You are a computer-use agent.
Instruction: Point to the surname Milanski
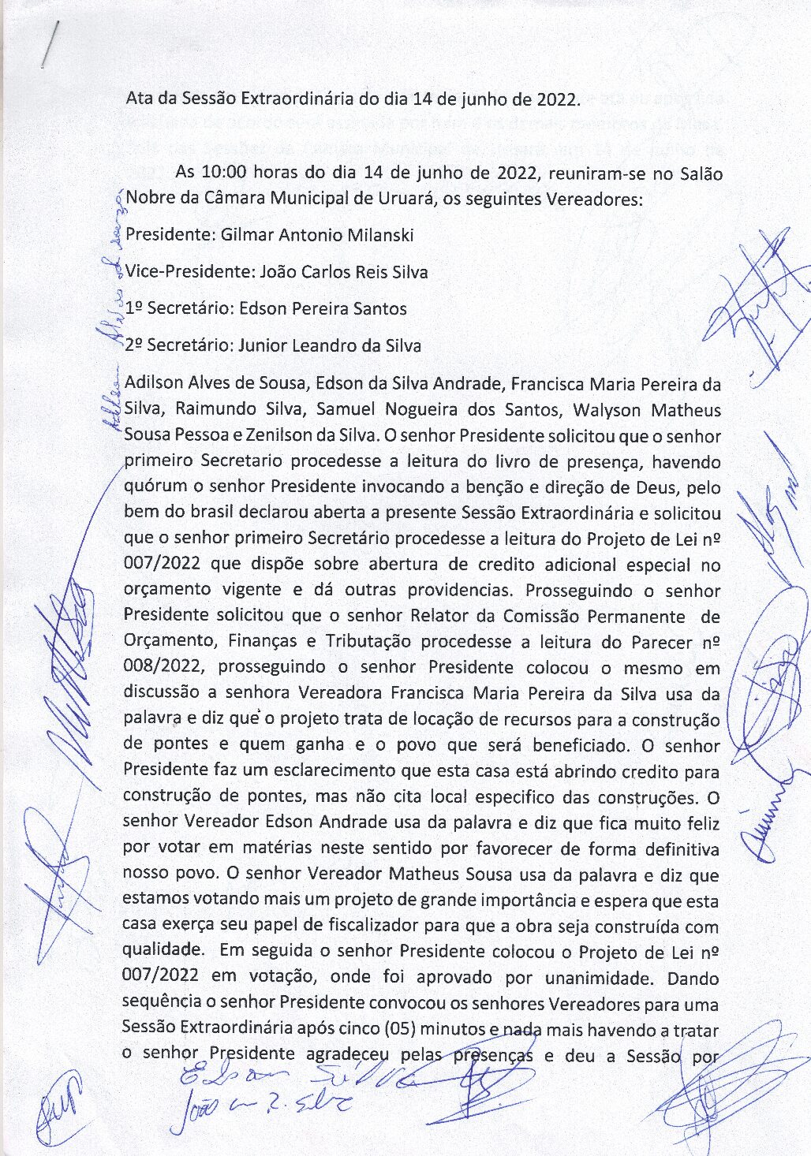(x=378, y=235)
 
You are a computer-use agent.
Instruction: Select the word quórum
(x=154, y=487)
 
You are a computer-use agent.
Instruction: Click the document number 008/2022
(x=164, y=668)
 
